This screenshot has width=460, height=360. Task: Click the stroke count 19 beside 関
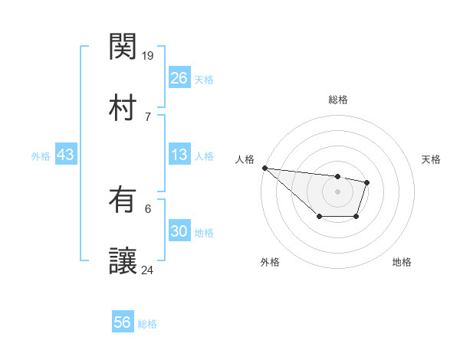(148, 55)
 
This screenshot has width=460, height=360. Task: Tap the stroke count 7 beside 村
(148, 116)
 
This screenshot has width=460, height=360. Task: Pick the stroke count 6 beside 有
(148, 208)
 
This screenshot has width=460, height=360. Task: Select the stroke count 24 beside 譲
(148, 270)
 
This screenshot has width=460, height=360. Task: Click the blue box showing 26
(179, 78)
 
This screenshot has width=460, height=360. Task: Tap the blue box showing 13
(179, 155)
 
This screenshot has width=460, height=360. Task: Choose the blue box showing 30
(179, 231)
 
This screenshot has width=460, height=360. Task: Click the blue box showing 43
(66, 155)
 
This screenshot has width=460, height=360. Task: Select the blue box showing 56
(123, 322)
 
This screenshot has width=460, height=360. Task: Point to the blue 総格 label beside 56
(148, 324)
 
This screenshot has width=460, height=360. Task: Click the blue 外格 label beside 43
(41, 156)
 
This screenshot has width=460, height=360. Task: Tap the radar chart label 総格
(337, 100)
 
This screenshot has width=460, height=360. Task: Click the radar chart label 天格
(431, 159)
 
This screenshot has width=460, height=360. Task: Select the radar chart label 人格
(243, 159)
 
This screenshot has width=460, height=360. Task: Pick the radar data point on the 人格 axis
(264, 168)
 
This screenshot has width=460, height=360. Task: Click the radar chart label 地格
(402, 262)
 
